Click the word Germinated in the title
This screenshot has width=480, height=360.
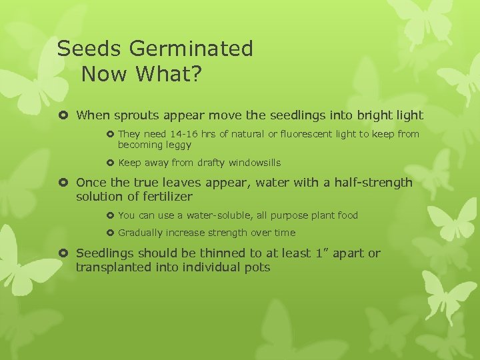192,49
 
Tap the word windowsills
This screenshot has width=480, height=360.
255,163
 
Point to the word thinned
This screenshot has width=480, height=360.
224,253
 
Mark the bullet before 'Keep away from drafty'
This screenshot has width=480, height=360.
110,163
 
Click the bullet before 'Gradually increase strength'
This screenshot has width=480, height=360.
110,233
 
